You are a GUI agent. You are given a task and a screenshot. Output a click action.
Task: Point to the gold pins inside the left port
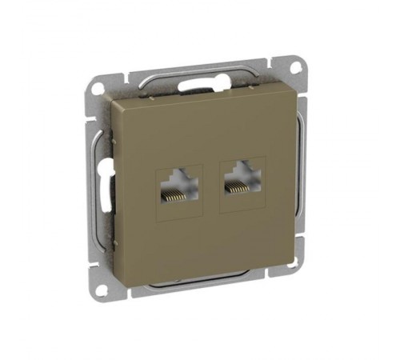(x=173, y=193)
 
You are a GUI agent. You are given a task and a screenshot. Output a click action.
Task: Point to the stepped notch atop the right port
(x=238, y=170)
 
